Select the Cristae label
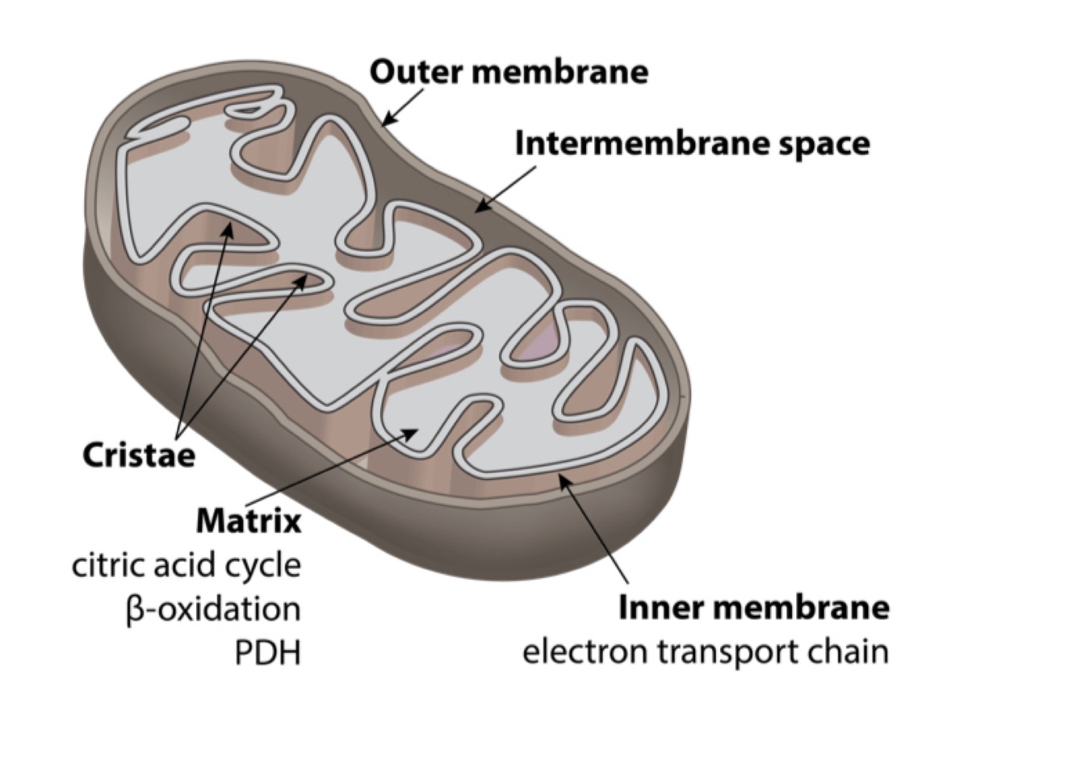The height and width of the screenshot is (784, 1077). tap(139, 455)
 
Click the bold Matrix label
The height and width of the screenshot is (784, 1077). tap(249, 521)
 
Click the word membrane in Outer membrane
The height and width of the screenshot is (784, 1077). tap(559, 72)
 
